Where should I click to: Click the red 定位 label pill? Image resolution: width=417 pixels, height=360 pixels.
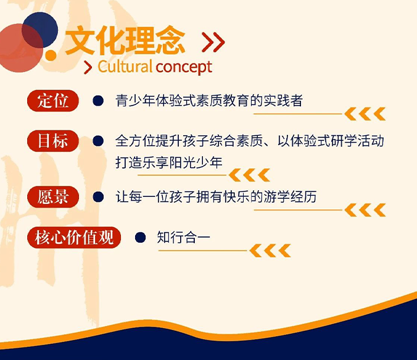click(53, 101)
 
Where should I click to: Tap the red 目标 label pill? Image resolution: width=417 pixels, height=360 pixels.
click(53, 141)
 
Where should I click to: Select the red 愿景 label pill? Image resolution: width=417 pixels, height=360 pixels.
click(53, 197)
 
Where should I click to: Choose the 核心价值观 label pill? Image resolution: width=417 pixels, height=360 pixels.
click(74, 237)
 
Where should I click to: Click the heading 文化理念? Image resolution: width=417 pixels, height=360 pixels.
click(125, 41)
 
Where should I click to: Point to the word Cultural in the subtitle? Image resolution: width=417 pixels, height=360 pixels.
click(125, 67)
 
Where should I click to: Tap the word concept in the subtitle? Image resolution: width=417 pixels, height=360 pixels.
click(184, 67)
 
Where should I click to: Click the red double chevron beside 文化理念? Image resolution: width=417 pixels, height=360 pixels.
click(213, 42)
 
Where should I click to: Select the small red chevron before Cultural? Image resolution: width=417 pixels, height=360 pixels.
click(88, 67)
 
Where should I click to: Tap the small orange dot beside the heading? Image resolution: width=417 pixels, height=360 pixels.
click(51, 55)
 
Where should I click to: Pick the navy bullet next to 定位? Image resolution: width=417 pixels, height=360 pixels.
click(98, 101)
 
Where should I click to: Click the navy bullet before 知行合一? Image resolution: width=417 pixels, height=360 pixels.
click(140, 237)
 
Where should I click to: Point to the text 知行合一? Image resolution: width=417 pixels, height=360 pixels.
click(183, 237)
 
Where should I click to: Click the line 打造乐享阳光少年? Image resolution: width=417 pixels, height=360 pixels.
click(169, 162)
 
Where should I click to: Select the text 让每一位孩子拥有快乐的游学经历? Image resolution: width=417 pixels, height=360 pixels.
click(216, 197)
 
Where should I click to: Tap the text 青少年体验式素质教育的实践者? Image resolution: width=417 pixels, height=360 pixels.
click(209, 101)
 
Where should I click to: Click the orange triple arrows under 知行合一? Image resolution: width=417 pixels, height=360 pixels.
click(270, 251)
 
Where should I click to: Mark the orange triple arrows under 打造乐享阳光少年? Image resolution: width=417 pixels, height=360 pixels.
click(249, 175)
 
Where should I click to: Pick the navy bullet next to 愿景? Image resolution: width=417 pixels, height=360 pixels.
click(98, 197)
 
